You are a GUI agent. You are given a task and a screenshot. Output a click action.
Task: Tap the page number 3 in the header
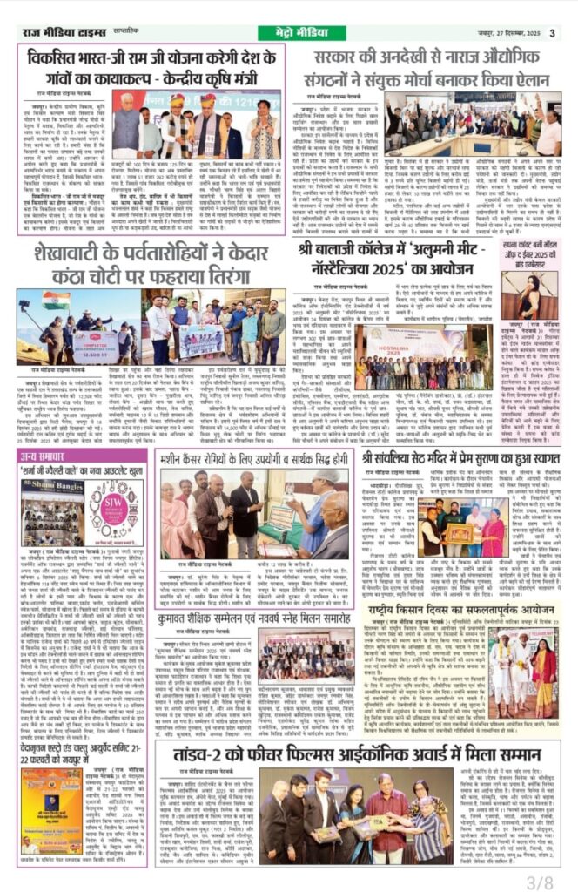click(552, 33)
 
